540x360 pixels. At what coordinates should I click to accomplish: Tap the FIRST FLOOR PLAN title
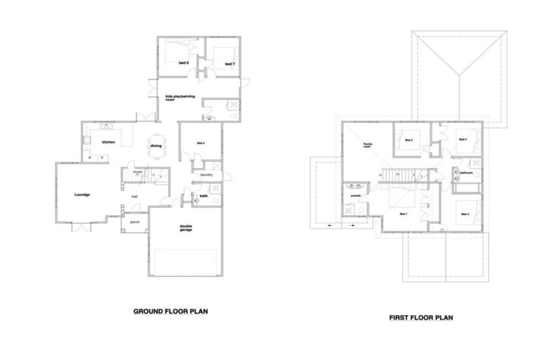tap(421, 317)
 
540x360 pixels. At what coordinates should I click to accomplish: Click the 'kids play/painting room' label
tap(179, 98)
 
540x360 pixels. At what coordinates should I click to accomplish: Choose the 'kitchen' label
tap(108, 143)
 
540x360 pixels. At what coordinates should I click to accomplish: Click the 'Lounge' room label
tap(82, 194)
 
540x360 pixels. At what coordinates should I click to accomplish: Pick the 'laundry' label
tap(206, 174)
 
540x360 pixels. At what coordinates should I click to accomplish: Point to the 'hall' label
tap(134, 197)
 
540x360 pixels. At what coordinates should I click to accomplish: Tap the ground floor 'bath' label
tap(202, 195)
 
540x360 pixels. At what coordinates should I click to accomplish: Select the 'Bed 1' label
tap(403, 213)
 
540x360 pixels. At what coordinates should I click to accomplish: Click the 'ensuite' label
tap(356, 195)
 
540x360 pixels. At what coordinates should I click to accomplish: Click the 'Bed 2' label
tap(408, 140)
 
